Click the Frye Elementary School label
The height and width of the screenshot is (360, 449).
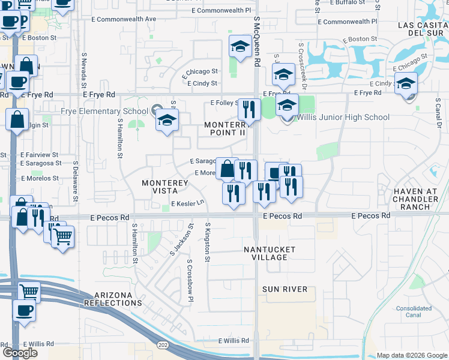point(104,111)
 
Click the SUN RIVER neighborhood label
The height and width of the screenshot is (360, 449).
point(285,289)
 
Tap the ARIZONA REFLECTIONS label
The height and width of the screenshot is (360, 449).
point(118,299)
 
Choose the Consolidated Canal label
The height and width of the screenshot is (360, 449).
point(414,311)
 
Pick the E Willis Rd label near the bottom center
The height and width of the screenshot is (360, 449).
point(234,341)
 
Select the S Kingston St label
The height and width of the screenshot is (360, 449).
point(208,242)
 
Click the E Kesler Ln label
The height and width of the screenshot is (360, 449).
point(188,204)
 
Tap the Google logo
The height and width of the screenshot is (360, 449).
point(20,353)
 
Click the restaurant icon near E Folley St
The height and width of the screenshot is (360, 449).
point(248,109)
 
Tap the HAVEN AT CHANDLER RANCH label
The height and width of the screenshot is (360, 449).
point(420,199)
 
